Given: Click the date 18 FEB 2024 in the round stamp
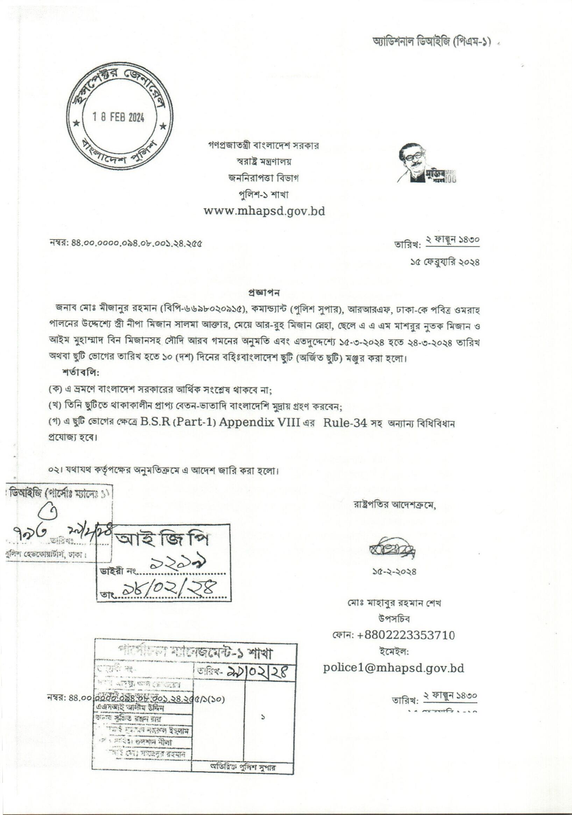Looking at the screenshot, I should [118, 117].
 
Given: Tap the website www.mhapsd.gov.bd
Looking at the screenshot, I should [264, 211].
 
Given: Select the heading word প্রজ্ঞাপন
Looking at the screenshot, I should [264, 293].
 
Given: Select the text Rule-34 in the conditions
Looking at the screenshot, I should [345, 423].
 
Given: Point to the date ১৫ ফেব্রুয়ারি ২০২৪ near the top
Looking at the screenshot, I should [444, 263].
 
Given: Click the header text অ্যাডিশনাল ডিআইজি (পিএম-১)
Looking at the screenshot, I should [426, 42].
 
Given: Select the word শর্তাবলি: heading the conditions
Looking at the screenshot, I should [81, 373].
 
